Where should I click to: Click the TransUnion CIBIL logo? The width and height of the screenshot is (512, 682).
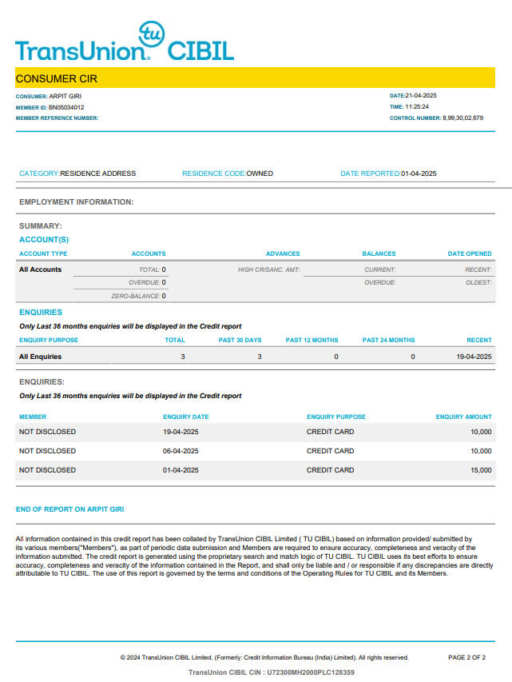point(124,44)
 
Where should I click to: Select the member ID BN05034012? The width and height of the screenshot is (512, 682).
point(66,107)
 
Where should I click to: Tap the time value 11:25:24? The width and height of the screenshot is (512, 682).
point(417,107)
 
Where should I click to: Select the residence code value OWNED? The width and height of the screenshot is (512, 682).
point(260,173)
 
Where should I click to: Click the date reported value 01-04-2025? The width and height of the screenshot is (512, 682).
point(419,173)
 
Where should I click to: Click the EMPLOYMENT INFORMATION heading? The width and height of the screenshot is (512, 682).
point(76,202)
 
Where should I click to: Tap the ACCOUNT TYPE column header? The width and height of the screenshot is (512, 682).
point(43,254)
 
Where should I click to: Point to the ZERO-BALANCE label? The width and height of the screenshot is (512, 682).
point(135,296)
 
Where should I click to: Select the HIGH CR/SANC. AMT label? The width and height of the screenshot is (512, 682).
point(268,269)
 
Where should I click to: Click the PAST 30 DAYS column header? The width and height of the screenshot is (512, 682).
point(240,341)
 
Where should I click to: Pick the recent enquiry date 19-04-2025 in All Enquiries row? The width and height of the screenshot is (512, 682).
point(474,357)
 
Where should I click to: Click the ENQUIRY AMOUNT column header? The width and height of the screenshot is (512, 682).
point(463,417)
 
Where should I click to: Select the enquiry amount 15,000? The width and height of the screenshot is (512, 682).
point(481,470)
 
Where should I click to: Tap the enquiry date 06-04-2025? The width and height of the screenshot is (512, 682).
point(181,451)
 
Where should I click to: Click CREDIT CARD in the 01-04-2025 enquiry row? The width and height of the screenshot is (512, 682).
point(330,470)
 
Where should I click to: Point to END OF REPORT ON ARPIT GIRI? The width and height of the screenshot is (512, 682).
point(70,509)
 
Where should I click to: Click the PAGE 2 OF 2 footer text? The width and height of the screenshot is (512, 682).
point(466,658)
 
